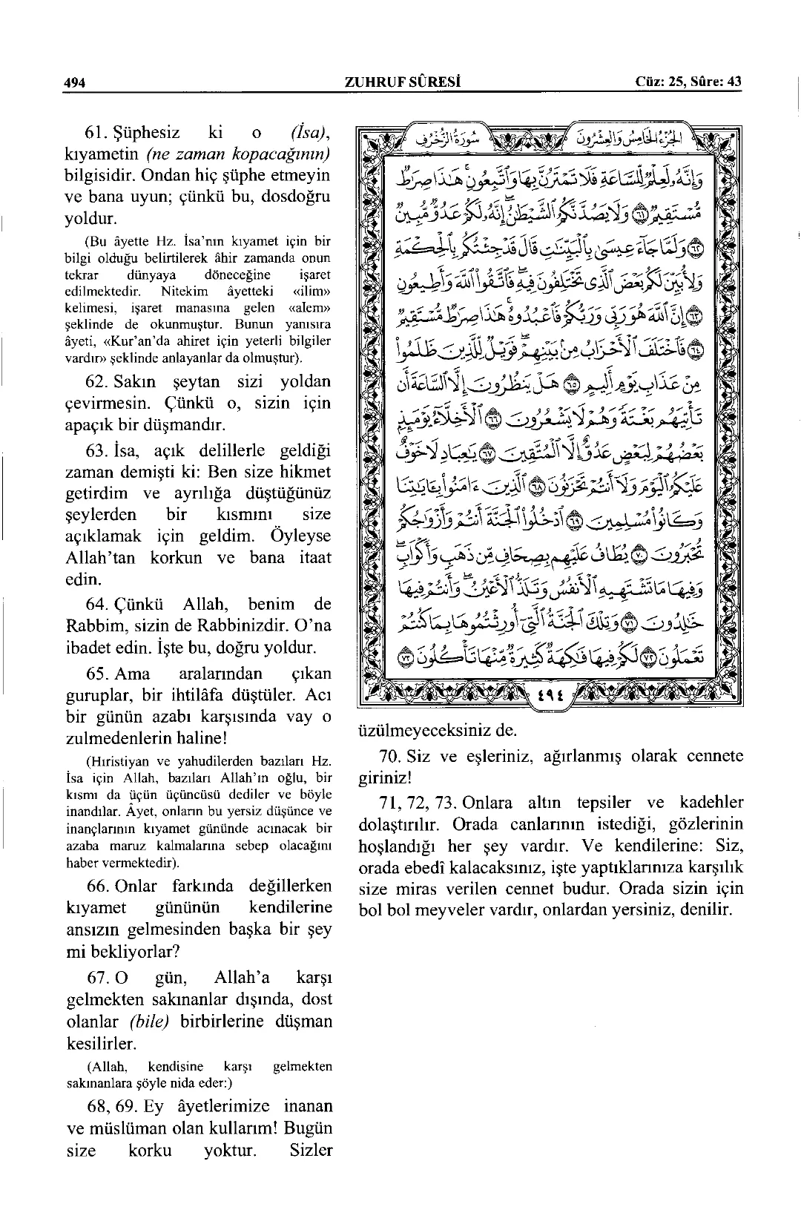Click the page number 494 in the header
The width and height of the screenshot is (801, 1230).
pyautogui.click(x=75, y=82)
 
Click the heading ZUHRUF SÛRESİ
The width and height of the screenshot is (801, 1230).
pyautogui.click(x=403, y=82)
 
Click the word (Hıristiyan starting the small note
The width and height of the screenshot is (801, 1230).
pyautogui.click(x=118, y=761)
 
